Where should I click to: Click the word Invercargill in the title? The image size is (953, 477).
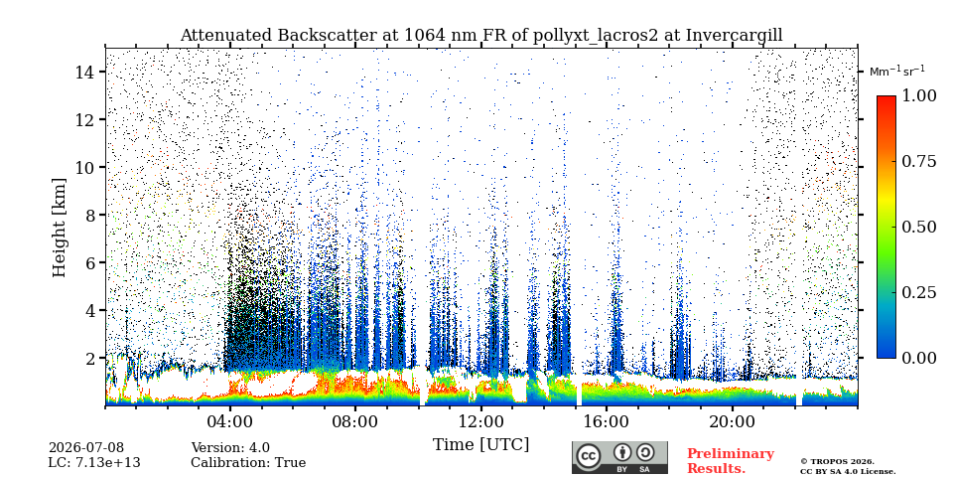(x=735, y=36)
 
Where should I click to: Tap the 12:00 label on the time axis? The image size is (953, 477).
(x=480, y=421)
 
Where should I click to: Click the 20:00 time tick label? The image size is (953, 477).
(x=732, y=421)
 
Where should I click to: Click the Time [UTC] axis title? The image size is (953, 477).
(x=480, y=444)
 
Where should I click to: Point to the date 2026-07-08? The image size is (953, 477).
(x=86, y=448)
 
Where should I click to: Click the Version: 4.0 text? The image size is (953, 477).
(x=230, y=448)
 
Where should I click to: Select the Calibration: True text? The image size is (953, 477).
(x=248, y=463)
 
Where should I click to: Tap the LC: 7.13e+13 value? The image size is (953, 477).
(x=94, y=463)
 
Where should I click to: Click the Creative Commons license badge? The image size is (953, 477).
(x=619, y=457)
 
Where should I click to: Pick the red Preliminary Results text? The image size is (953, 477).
(x=731, y=460)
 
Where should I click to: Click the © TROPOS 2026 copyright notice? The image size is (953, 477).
(x=837, y=462)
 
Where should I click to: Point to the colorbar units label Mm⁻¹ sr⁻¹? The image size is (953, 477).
(x=897, y=71)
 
